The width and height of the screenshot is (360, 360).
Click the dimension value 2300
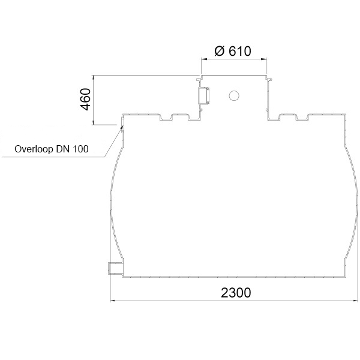[236, 293]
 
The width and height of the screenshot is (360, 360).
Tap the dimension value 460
[86, 99]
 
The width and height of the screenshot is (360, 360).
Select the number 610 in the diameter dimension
[240, 51]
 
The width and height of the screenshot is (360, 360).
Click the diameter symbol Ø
[220, 51]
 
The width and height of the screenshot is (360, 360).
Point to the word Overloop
[34, 149]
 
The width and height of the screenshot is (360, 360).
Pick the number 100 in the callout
[80, 149]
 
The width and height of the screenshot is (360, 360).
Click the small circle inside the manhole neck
[234, 95]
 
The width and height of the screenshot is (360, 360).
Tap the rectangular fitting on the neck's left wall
[203, 95]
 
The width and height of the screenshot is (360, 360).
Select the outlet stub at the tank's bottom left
[115, 268]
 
